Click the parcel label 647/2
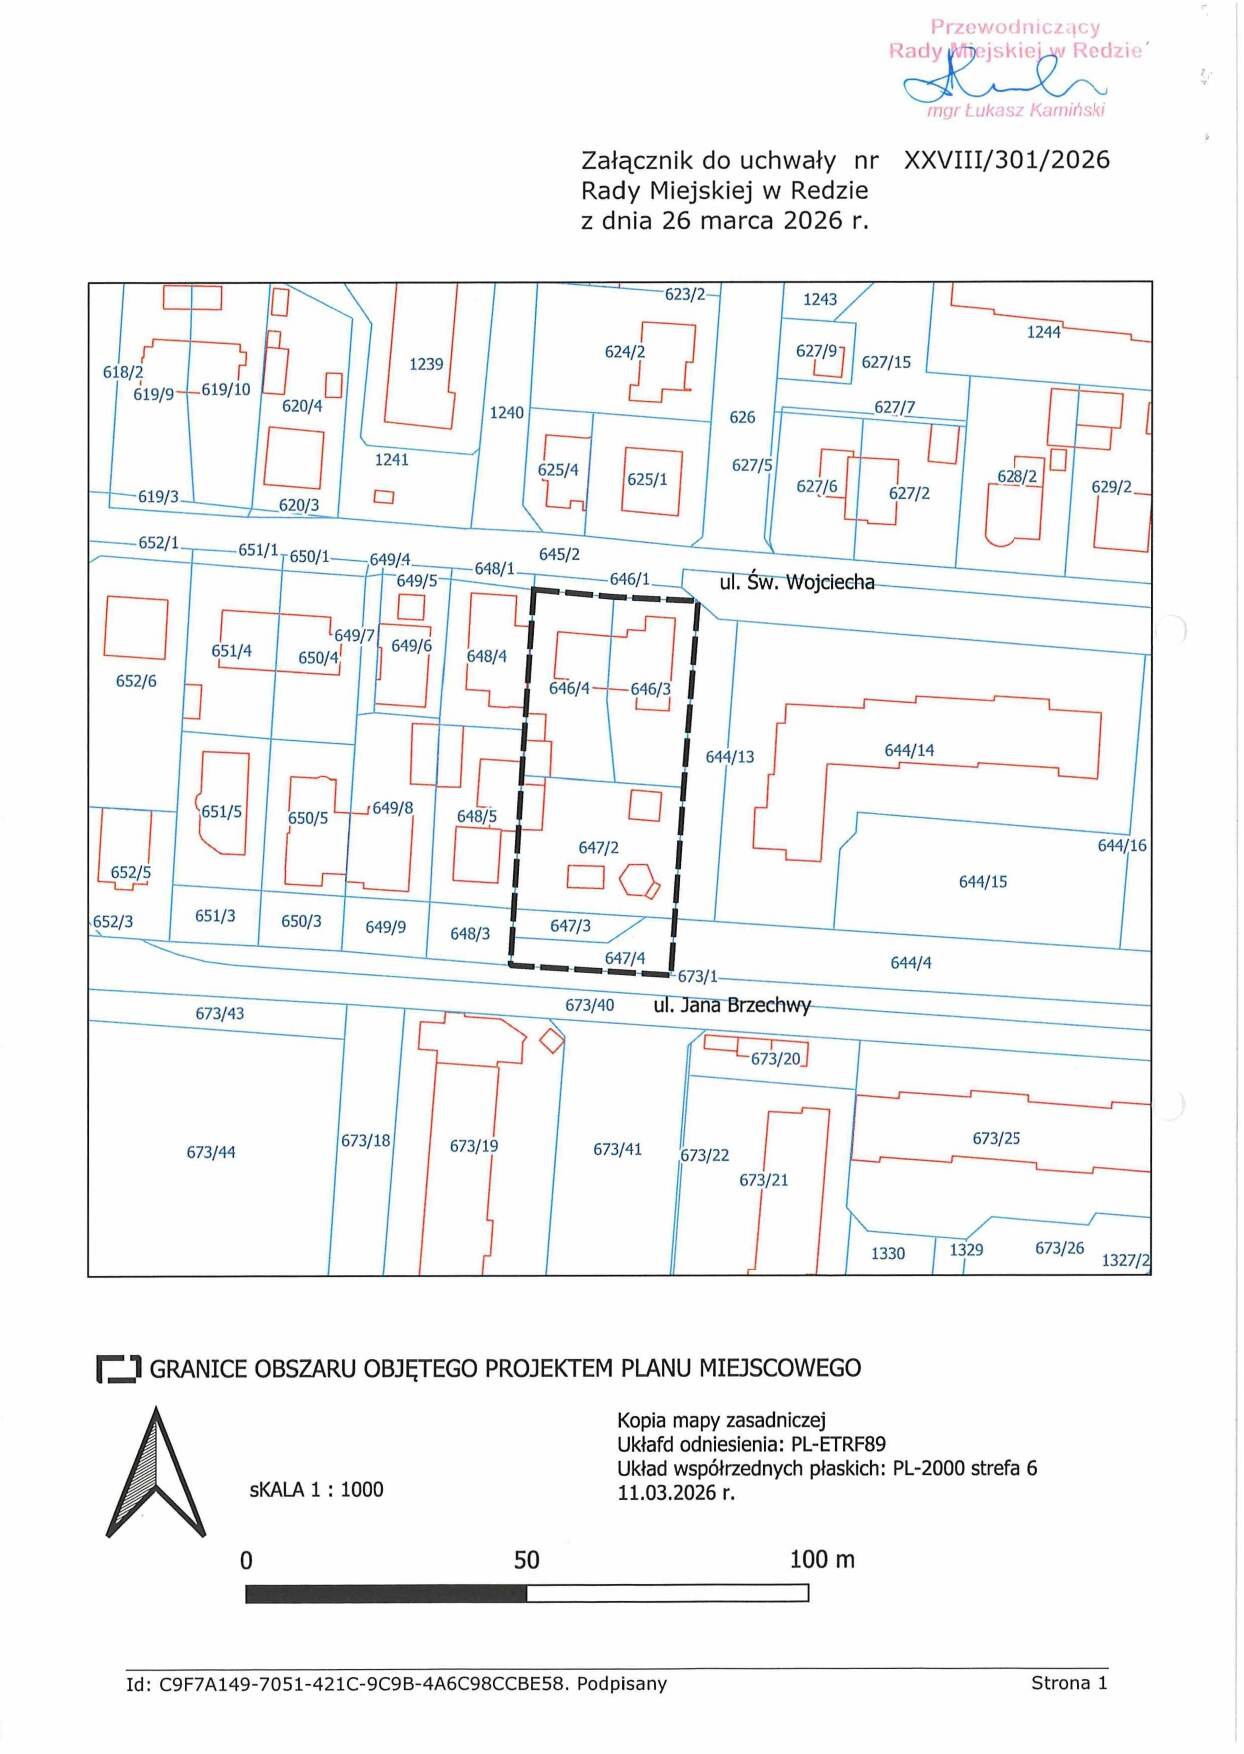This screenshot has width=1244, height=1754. pos(598,848)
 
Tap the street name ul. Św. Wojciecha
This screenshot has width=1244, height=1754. pos(797,582)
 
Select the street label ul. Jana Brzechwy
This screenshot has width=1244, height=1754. pos(732,1005)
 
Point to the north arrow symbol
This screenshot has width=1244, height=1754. pos(156,1472)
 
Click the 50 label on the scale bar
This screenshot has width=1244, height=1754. pos(527,1560)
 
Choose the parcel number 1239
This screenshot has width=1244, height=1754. pos(426,364)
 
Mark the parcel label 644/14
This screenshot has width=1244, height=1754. pos(909,750)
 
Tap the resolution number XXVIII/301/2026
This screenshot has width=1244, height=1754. pos(1007,160)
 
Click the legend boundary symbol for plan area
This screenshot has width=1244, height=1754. pos(118,1369)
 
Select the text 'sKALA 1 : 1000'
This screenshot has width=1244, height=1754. pos(317,1490)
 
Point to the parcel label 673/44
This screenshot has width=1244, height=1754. pos(211,1153)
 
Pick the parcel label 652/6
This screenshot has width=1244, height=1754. pos(136,681)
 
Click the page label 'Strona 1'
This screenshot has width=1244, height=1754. pos(1069,1683)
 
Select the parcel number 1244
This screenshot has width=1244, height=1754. pos(1044,332)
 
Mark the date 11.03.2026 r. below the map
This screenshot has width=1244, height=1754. pos(676,1493)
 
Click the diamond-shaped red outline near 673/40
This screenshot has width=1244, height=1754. pos(552,1040)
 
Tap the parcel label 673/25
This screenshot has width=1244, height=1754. pos(996,1139)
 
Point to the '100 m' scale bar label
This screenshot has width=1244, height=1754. pos(822,1560)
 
